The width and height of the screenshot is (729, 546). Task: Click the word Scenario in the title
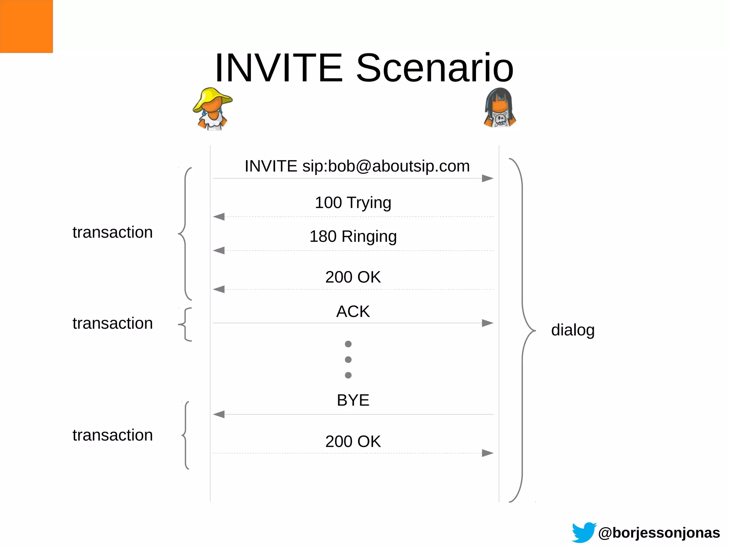(435, 68)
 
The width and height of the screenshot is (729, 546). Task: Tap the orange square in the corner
(26, 26)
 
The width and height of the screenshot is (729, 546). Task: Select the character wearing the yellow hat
(213, 109)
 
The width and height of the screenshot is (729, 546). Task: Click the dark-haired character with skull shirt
(500, 108)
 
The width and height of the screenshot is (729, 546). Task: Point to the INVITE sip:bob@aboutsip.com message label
(357, 166)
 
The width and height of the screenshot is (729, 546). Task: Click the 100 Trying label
(353, 203)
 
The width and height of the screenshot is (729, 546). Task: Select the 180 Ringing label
(353, 237)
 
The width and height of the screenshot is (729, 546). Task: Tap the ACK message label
(353, 312)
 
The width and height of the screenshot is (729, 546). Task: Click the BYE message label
(353, 401)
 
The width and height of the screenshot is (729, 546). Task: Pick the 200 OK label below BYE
(353, 441)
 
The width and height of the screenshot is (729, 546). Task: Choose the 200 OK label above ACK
(353, 277)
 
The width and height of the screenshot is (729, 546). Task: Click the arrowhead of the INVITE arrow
(488, 178)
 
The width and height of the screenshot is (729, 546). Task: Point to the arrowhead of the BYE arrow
(219, 414)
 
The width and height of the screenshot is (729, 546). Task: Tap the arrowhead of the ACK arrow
(488, 323)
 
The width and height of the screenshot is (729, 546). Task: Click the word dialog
(573, 330)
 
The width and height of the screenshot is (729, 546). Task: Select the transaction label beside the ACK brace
(112, 323)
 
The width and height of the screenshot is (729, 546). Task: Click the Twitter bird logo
(584, 532)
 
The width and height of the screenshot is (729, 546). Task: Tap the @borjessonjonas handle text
(659, 533)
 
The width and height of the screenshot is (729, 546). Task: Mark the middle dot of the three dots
(348, 360)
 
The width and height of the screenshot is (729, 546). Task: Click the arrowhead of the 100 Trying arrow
(219, 217)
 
